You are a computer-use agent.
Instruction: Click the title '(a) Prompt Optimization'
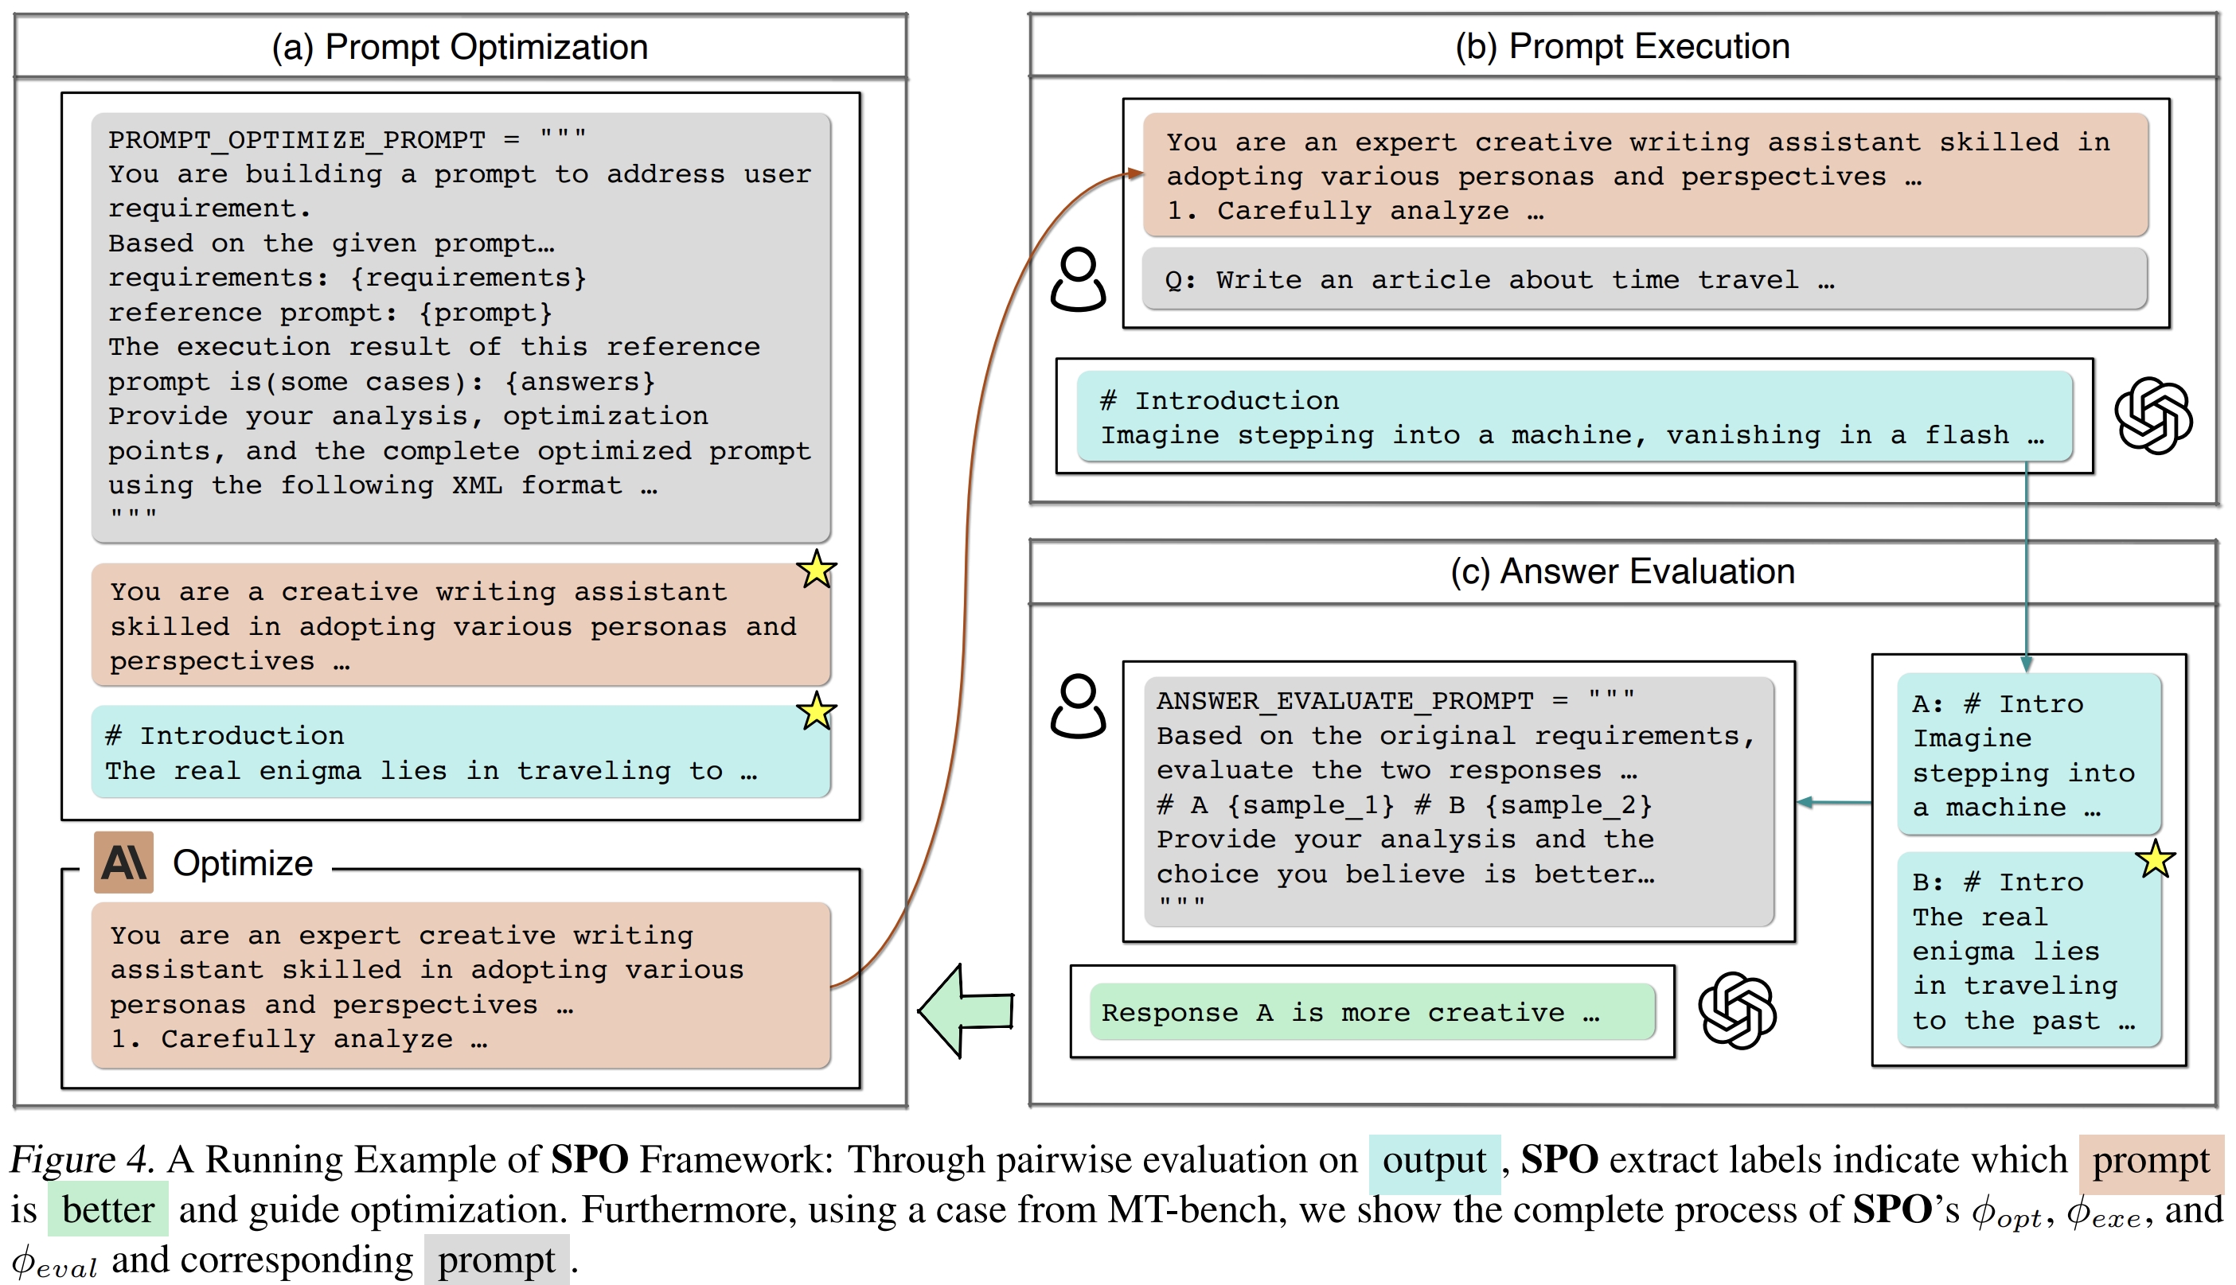[x=460, y=47]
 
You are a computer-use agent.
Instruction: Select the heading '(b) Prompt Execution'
[x=1621, y=46]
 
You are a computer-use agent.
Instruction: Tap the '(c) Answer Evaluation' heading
[x=1621, y=571]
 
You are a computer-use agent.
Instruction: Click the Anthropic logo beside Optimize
[x=123, y=863]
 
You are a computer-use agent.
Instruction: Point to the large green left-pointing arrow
[x=966, y=1010]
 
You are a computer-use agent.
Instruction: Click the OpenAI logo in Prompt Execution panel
[x=2153, y=415]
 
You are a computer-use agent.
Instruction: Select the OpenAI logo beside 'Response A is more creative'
[x=1736, y=1010]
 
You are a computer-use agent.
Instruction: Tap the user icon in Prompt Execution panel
[x=1078, y=280]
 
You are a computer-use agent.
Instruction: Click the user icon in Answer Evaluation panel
[x=1078, y=706]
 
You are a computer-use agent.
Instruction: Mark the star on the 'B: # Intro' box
[x=2155, y=859]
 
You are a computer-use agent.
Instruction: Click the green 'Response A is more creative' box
[x=1372, y=1011]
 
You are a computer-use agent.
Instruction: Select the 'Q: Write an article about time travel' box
[x=1644, y=280]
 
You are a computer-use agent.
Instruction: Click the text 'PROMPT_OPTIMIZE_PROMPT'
[x=297, y=139]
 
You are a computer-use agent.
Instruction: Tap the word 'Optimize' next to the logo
[x=243, y=863]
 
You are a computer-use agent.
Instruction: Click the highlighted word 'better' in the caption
[x=107, y=1209]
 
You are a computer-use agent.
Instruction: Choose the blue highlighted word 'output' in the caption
[x=1434, y=1159]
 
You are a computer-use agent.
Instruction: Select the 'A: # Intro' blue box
[x=2028, y=753]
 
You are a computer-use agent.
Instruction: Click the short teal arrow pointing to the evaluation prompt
[x=1833, y=802]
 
